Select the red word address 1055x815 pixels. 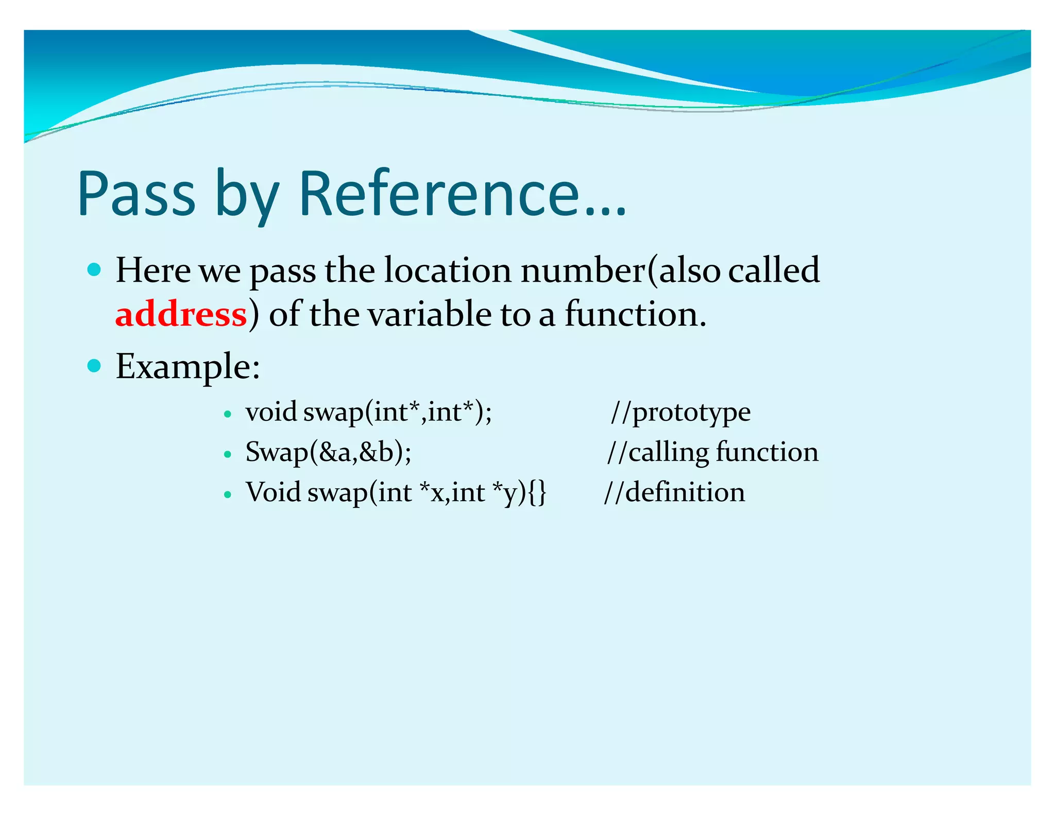pyautogui.click(x=181, y=314)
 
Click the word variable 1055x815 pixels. pyautogui.click(x=430, y=314)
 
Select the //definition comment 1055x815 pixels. pyautogui.click(x=674, y=493)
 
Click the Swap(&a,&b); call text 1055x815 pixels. pyautogui.click(x=328, y=452)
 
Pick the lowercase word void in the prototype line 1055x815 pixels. pyautogui.click(x=271, y=412)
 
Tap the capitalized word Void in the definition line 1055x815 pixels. pyautogui.click(x=273, y=493)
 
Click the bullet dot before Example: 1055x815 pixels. pyautogui.click(x=94, y=366)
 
